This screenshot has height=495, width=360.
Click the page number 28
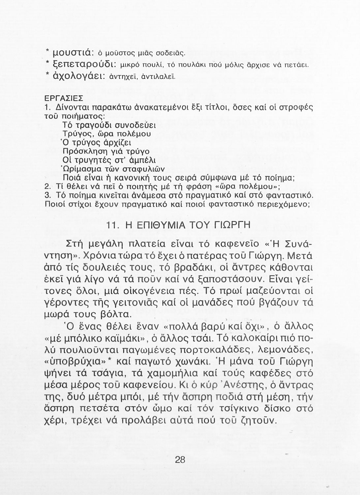[180, 460]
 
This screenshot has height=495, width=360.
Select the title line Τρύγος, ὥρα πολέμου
[107, 134]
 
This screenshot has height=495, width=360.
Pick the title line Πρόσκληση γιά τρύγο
[106, 151]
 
